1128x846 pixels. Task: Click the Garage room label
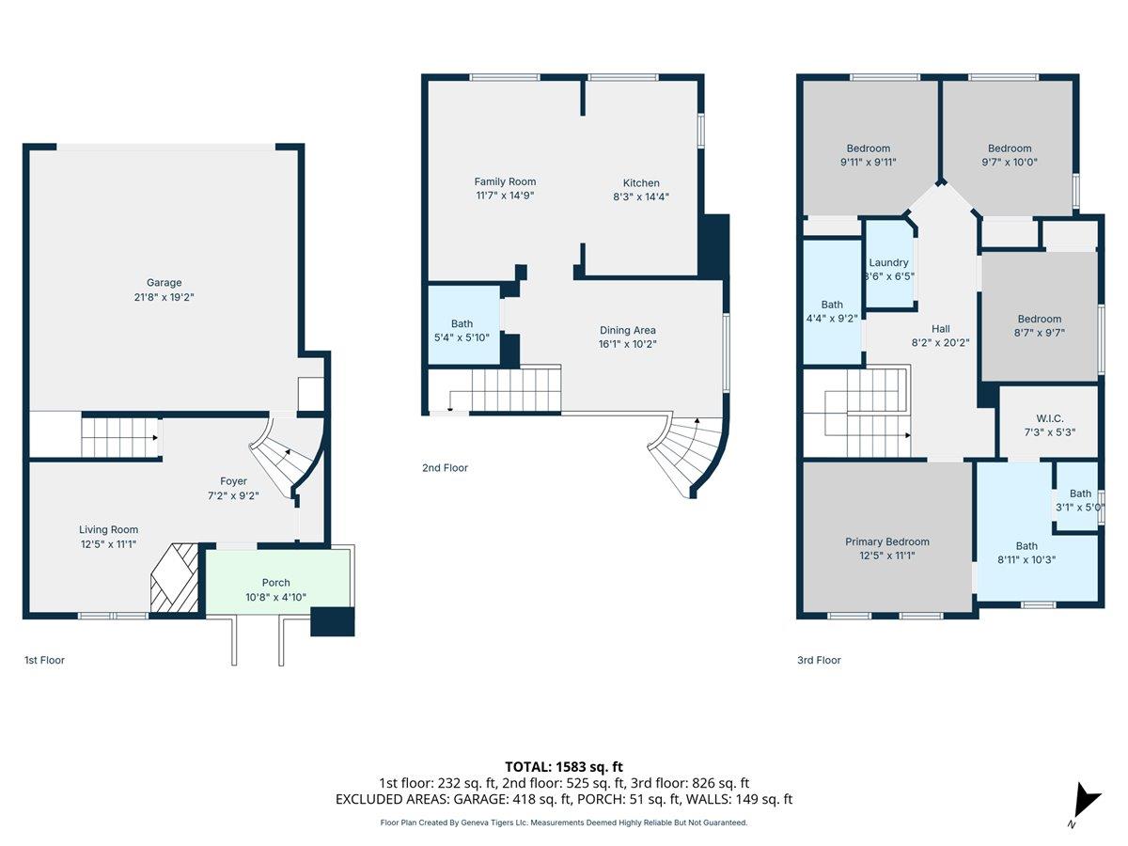coord(164,282)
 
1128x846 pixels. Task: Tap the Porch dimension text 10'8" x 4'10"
coord(275,597)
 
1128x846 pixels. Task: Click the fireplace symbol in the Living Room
coord(175,578)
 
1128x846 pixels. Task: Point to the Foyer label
coord(233,481)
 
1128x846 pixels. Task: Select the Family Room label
coord(505,181)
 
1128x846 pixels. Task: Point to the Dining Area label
coord(628,330)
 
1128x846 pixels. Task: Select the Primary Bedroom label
coord(886,541)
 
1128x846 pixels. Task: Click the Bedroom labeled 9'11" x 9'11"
coord(868,154)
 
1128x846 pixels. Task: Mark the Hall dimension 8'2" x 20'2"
coord(940,343)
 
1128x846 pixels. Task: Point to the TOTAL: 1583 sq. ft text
coord(564,767)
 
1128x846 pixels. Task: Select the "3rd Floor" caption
coord(819,660)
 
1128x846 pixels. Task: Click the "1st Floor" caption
coord(44,660)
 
